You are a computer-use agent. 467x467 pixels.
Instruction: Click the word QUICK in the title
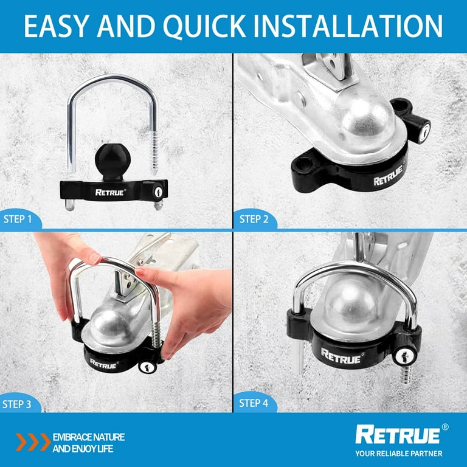204,26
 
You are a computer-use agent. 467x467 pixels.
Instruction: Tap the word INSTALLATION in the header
348,26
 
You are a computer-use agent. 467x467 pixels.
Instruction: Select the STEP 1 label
17,219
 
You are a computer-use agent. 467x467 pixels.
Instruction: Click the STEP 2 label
254,219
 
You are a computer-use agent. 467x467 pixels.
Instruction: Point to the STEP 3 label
16,404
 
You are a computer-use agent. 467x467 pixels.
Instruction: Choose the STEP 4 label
254,403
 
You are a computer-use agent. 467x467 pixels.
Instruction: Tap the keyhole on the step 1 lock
158,192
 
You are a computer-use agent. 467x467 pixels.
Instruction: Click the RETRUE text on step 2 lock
389,175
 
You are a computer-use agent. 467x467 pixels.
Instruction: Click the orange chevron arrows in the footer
33,442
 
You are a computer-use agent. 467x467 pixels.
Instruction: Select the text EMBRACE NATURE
89,437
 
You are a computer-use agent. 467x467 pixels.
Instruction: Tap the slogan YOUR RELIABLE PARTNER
399,453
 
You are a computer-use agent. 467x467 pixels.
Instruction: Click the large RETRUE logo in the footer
398,435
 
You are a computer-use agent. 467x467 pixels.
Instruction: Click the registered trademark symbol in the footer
445,427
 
